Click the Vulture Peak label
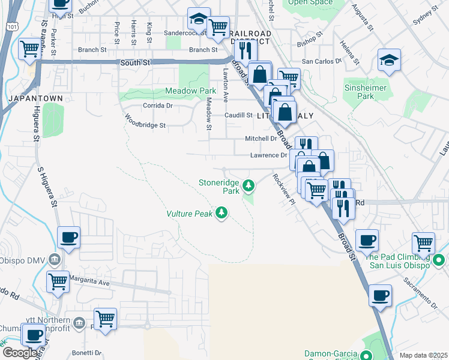[189, 214]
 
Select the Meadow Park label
[190, 91]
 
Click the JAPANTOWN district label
[28, 97]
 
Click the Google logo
[20, 353]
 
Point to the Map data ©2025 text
[423, 355]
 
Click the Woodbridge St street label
[144, 126]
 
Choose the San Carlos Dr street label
[321, 61]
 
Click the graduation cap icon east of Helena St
[389, 60]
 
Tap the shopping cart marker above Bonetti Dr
[105, 318]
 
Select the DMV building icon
[55, 260]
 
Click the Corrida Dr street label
[157, 105]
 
